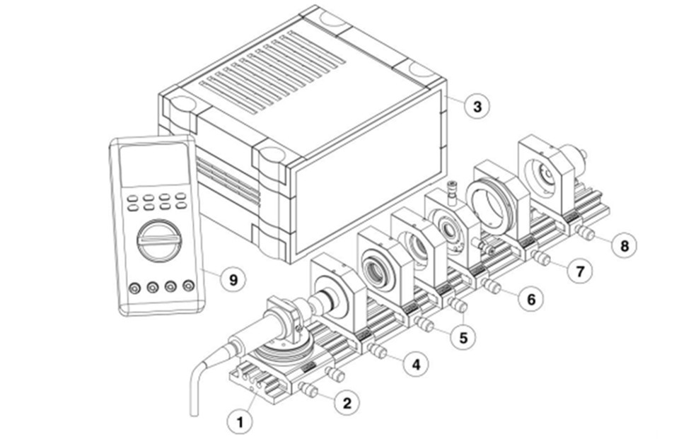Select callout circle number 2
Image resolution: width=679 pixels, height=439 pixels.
pos(346,403)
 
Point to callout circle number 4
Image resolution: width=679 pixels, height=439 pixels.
pos(416,365)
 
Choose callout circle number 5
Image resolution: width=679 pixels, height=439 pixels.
pos(463,337)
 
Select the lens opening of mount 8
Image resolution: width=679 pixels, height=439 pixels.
pos(544,169)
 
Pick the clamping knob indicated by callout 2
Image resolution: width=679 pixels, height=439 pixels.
pos(308,388)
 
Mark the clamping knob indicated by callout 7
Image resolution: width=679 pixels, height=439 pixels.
pos(541,258)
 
